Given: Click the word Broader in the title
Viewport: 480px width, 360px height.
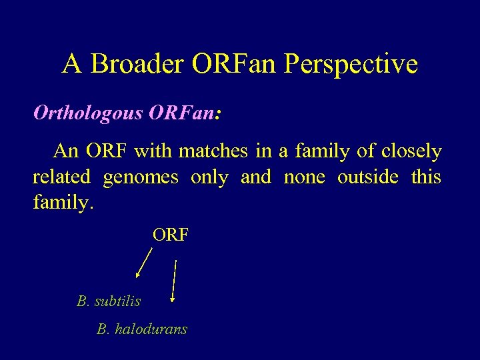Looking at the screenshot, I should click(x=138, y=64).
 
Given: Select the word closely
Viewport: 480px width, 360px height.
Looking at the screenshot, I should click(x=411, y=152).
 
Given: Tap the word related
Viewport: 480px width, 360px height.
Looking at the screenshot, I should click(x=61, y=177).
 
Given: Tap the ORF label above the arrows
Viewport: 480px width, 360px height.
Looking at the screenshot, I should click(x=171, y=235).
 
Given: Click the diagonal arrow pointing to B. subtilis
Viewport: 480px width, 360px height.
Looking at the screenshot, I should click(x=144, y=262).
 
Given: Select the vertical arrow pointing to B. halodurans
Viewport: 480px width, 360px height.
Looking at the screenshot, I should click(x=173, y=281).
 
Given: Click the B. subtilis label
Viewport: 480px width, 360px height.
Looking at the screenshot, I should click(x=109, y=301).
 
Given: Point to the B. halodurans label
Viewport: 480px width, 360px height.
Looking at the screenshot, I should click(x=141, y=329).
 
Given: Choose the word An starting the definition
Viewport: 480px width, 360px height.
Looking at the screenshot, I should click(x=66, y=151).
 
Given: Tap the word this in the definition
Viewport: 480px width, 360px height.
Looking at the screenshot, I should click(x=426, y=177).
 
